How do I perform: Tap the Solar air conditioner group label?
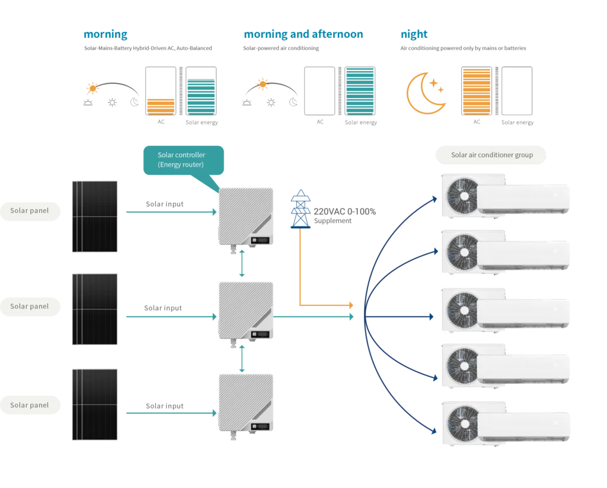(x=491, y=155)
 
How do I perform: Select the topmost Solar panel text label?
(x=30, y=210)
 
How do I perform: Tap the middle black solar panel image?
(x=95, y=307)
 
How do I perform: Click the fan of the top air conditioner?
(x=461, y=194)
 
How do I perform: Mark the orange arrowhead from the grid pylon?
(x=350, y=305)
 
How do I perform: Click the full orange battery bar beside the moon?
(x=477, y=91)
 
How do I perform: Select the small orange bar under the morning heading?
(x=160, y=106)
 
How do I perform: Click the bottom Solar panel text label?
(x=30, y=405)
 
